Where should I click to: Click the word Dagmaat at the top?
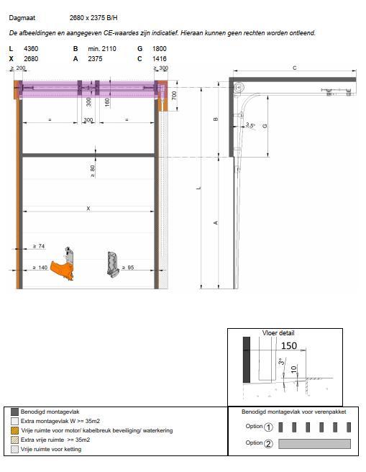click(22, 17)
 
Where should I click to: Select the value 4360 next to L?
click(32, 49)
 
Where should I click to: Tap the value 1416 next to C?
click(160, 58)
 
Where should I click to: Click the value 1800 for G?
click(160, 49)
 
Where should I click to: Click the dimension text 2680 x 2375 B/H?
click(98, 17)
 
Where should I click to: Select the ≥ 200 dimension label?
click(19, 68)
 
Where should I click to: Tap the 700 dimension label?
click(175, 95)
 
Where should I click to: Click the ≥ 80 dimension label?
click(91, 171)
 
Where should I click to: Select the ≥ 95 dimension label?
click(128, 268)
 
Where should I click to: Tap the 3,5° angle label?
click(250, 126)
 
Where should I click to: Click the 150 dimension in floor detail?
click(288, 345)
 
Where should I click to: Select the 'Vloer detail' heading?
click(278, 333)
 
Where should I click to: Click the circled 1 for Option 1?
click(268, 427)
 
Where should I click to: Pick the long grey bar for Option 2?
click(314, 443)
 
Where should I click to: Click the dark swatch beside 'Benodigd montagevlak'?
click(14, 412)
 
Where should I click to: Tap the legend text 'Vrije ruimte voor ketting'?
click(51, 449)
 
